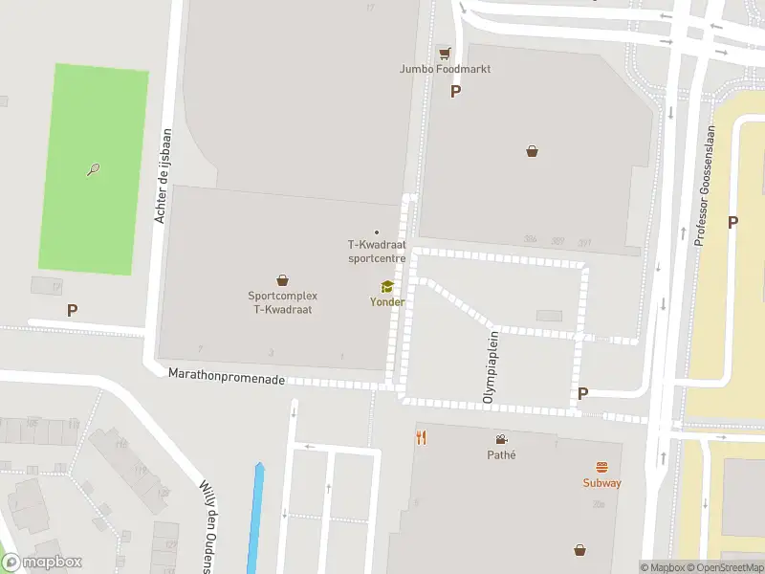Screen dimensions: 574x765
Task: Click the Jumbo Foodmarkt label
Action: click(445, 69)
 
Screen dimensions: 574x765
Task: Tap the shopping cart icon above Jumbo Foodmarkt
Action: click(444, 54)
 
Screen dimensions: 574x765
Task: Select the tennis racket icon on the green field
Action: click(93, 170)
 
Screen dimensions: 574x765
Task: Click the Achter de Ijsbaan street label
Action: click(164, 177)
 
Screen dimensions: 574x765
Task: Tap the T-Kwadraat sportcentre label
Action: click(377, 252)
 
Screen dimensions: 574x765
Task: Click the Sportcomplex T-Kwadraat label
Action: click(282, 302)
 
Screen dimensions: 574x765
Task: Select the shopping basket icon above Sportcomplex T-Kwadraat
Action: click(282, 280)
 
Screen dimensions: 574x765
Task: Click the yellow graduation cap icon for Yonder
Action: click(387, 287)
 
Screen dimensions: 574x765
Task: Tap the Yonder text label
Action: click(387, 302)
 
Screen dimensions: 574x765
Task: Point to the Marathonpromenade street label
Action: click(227, 379)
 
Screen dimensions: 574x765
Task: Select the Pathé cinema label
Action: click(501, 454)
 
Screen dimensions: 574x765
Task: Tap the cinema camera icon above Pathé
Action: click(501, 439)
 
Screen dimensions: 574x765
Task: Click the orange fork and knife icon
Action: click(421, 438)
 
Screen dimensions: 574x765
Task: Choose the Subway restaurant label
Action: click(601, 483)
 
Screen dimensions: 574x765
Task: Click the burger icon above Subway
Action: click(601, 468)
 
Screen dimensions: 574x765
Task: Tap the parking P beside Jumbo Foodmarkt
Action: click(455, 92)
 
